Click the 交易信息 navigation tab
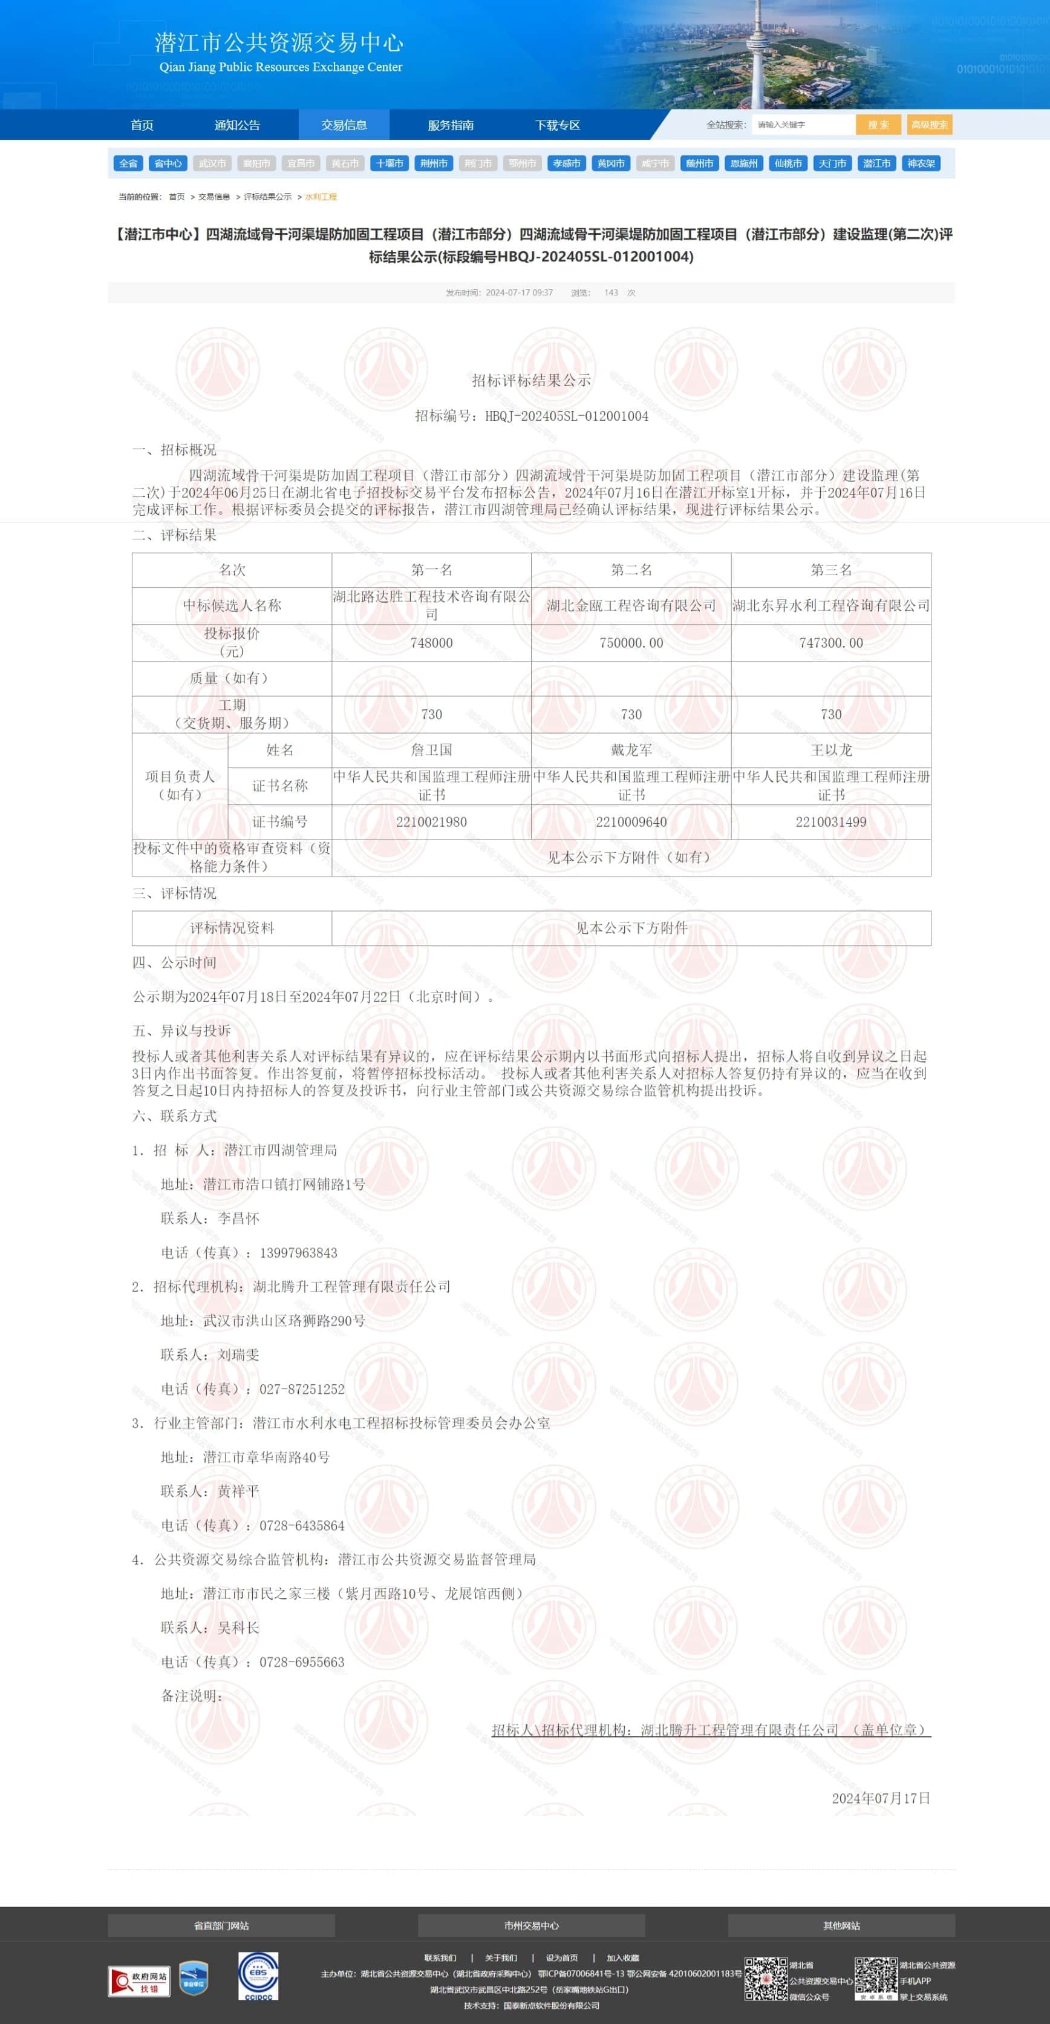pos(344,125)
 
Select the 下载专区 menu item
pos(558,125)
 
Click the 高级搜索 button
pos(929,125)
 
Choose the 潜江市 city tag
pos(876,163)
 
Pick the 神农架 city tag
pos(921,163)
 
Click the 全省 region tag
pos(128,163)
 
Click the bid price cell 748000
pos(431,643)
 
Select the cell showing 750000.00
pos(631,643)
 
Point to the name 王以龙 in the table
pos(831,749)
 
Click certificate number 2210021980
pos(431,822)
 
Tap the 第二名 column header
pos(631,570)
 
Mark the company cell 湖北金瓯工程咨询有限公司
pos(631,605)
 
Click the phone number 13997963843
pos(298,1252)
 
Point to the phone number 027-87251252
pos(302,1389)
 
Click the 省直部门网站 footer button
pos(221,1926)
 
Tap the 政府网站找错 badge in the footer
pos(139,1982)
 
